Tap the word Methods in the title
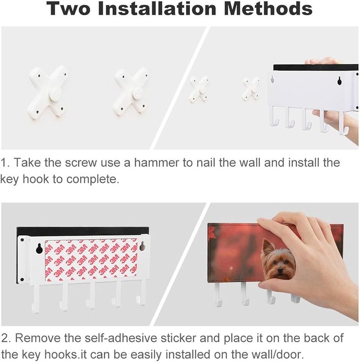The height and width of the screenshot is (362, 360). click(x=268, y=8)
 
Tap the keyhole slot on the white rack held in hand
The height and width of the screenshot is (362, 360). click(x=339, y=81)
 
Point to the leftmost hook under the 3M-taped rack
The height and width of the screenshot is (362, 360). click(x=36, y=299)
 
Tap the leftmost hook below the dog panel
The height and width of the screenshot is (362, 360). click(x=218, y=294)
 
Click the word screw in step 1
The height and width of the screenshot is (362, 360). click(x=81, y=162)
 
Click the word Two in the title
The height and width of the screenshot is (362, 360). click(x=68, y=8)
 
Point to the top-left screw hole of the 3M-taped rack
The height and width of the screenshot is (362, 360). click(x=22, y=240)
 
